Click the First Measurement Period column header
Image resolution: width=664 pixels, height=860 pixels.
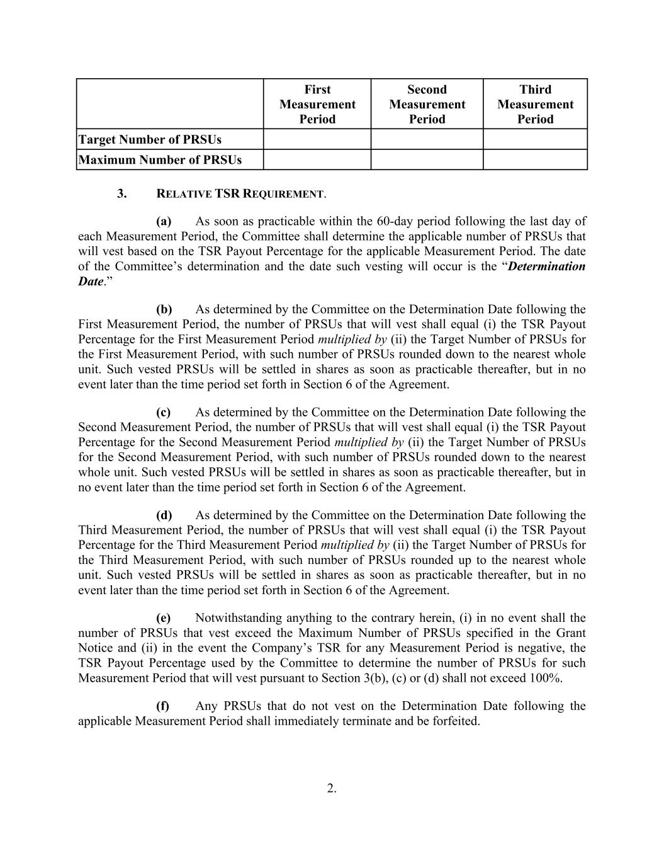click(317, 104)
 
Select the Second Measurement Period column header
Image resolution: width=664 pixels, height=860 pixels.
click(427, 104)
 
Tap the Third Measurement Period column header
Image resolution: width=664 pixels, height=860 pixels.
click(535, 104)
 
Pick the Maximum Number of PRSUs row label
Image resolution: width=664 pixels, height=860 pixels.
click(160, 159)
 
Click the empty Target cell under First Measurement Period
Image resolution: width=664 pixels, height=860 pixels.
click(317, 139)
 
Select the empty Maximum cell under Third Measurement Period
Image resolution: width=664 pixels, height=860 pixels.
click(535, 159)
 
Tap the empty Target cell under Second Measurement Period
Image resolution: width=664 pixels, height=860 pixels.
click(427, 139)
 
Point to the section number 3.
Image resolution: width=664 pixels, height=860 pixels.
click(122, 193)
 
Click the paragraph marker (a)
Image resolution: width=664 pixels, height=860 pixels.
click(164, 221)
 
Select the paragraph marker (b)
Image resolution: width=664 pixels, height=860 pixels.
click(164, 309)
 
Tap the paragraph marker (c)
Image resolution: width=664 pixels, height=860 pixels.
click(164, 412)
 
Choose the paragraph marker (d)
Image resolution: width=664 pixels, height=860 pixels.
click(164, 515)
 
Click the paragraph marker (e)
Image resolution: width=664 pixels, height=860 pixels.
click(164, 618)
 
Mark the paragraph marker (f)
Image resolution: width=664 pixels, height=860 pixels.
click(163, 706)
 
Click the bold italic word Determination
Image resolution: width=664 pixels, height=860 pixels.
click(546, 266)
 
